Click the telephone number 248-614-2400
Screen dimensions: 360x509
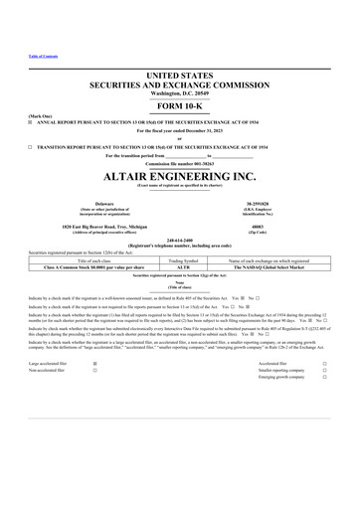click(x=179, y=242)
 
